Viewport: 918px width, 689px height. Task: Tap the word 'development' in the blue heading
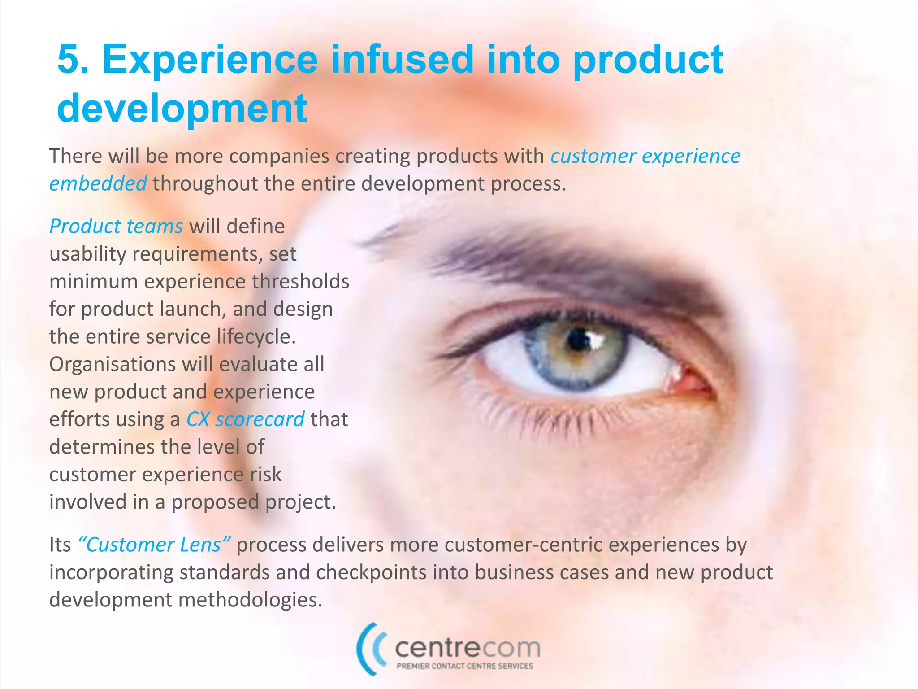182,109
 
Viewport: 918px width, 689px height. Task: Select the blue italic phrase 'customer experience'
645,156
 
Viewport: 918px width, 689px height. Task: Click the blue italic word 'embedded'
98,184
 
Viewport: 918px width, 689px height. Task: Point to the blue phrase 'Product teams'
116,226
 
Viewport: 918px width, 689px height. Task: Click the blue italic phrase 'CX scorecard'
245,419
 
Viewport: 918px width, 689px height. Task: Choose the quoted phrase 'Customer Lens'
154,545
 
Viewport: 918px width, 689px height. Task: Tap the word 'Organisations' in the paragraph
112,364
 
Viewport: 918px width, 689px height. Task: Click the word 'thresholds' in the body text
300,282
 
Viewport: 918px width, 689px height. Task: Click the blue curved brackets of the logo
370,648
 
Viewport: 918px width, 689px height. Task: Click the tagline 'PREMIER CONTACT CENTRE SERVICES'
465,667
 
